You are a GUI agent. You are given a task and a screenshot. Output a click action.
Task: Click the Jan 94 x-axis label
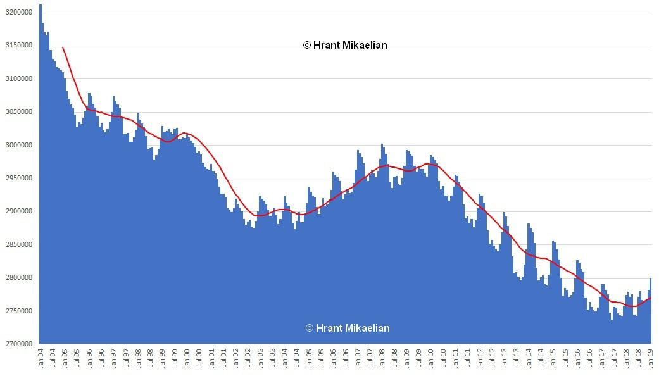pos(41,360)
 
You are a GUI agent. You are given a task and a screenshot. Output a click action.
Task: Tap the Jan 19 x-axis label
pos(651,360)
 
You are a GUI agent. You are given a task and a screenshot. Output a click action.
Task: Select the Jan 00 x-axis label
pos(187,360)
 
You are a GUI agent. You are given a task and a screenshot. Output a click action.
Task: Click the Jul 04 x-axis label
pos(297,360)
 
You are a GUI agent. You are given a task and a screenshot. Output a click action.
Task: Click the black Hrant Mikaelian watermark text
pos(345,45)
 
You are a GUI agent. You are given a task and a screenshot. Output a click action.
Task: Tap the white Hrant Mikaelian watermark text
pos(348,328)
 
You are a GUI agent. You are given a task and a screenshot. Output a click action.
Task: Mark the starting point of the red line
pos(63,47)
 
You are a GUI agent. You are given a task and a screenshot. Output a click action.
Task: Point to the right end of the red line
pos(651,298)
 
